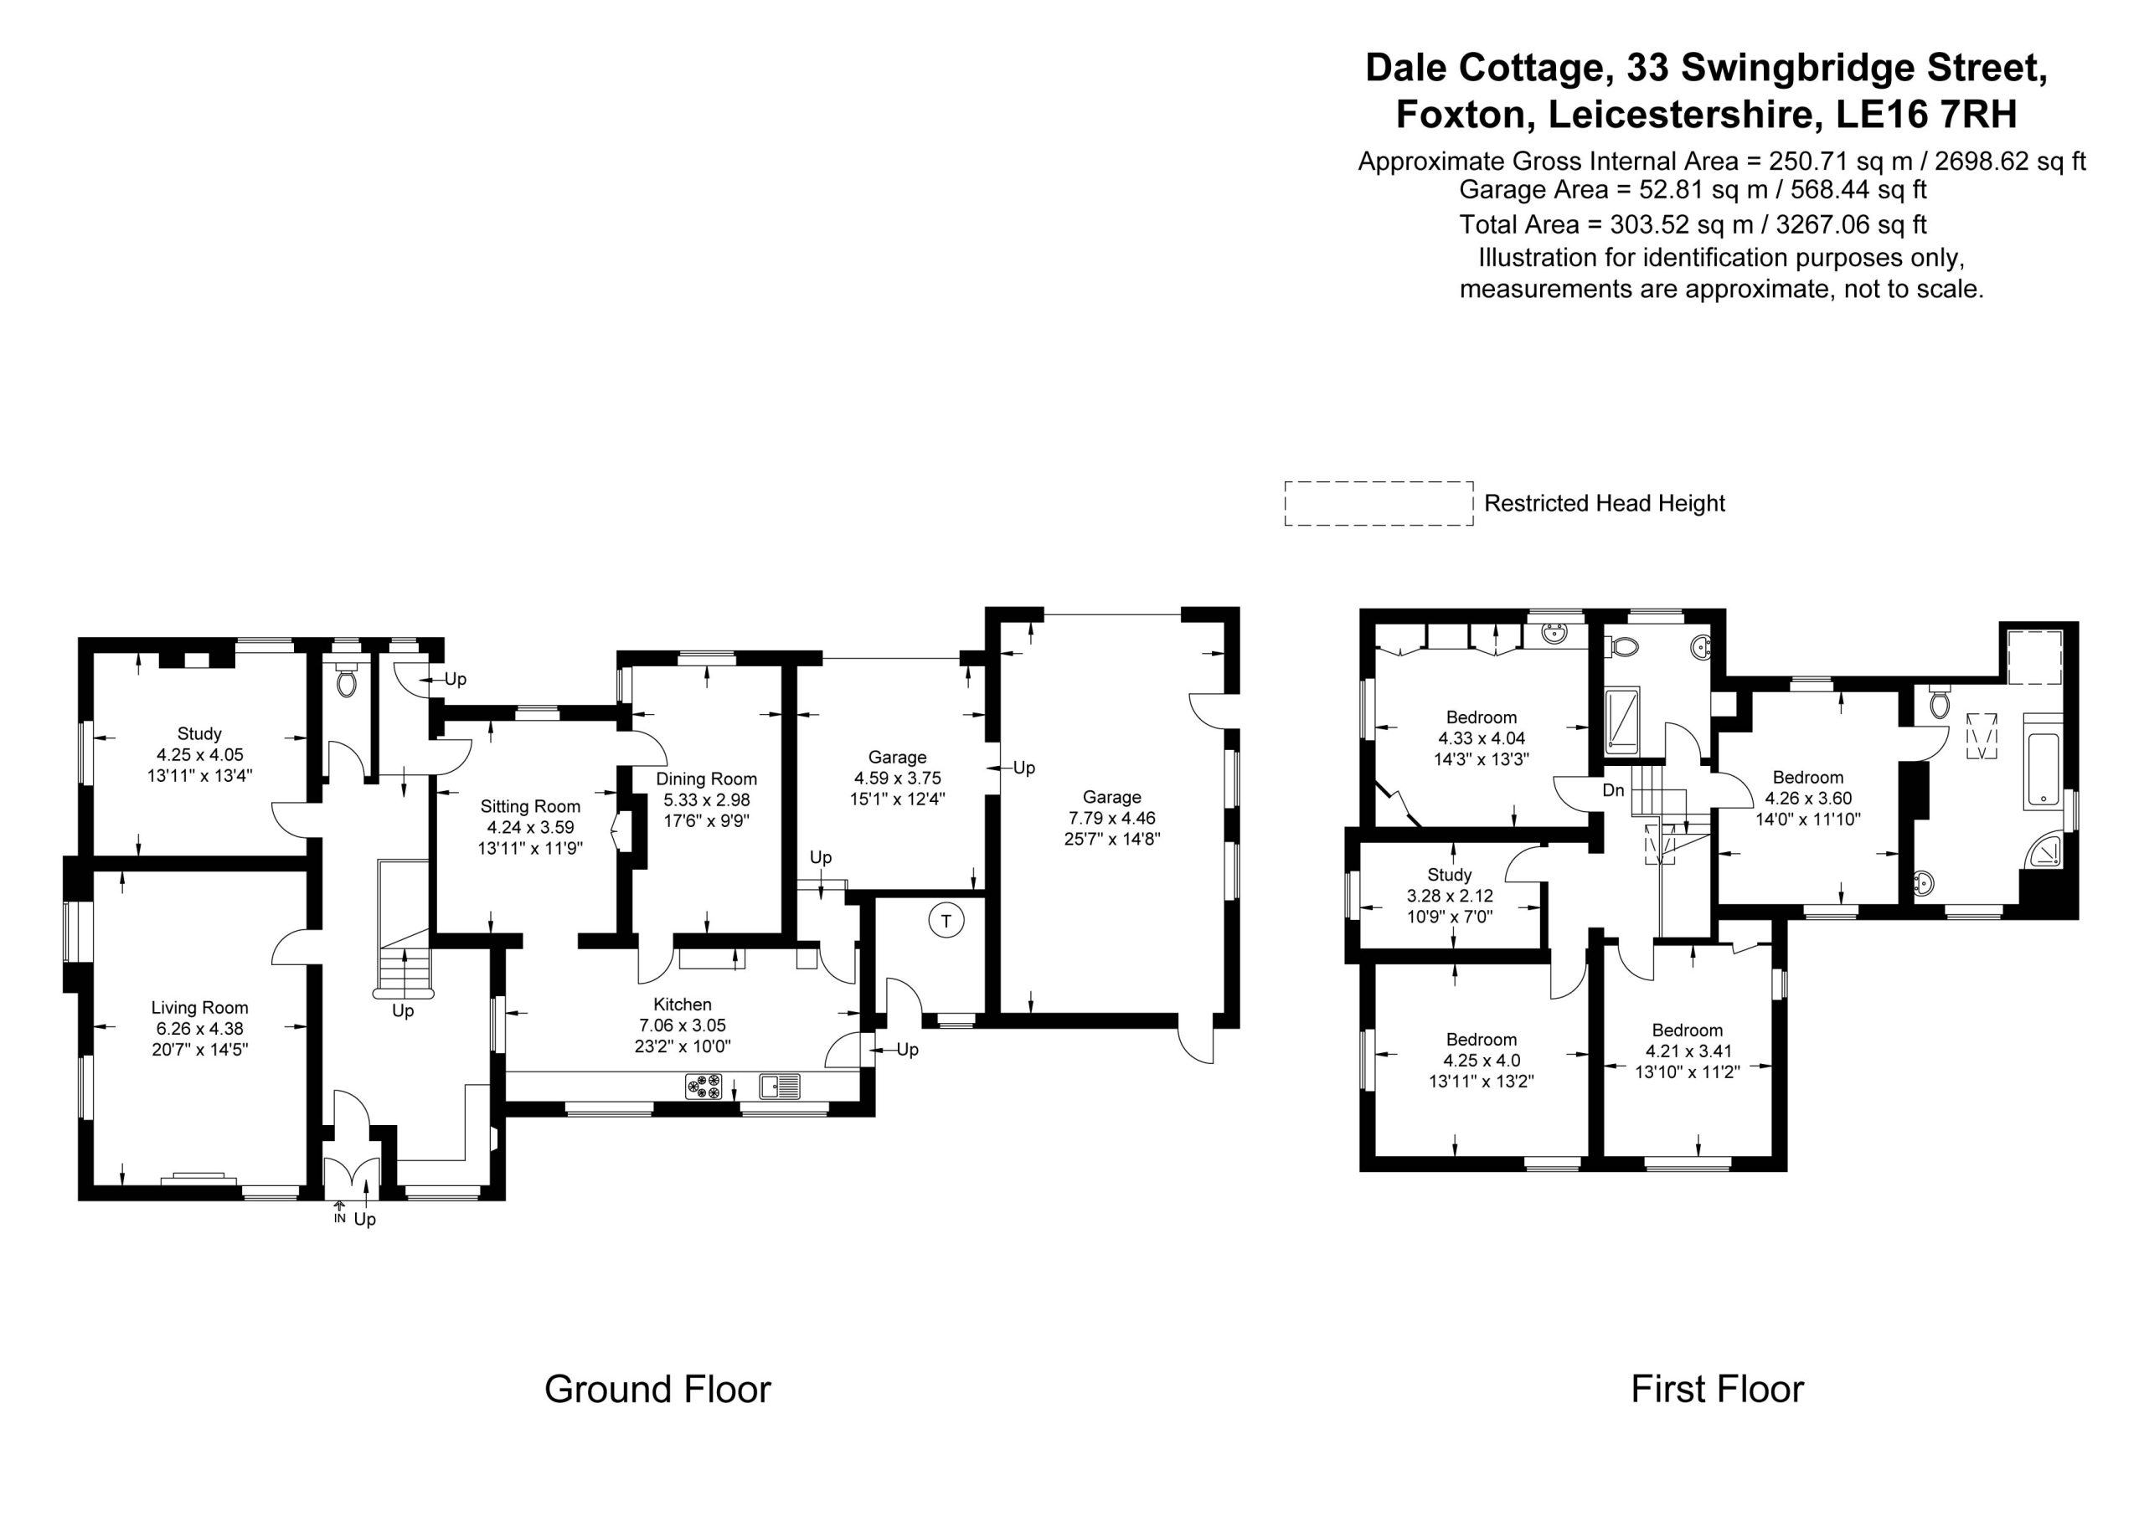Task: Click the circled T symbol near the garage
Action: point(946,922)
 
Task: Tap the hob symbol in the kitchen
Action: point(704,1086)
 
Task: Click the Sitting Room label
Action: point(530,806)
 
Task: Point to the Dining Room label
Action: point(706,779)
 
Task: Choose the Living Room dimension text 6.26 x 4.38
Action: point(200,1029)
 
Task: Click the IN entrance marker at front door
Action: point(339,1218)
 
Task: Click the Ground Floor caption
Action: point(657,1389)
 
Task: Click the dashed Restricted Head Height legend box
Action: point(1379,504)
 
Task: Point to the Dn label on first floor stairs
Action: point(1614,791)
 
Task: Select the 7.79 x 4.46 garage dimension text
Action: point(1112,819)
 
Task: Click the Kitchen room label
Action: point(683,1005)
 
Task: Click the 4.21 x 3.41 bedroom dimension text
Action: point(1688,1051)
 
